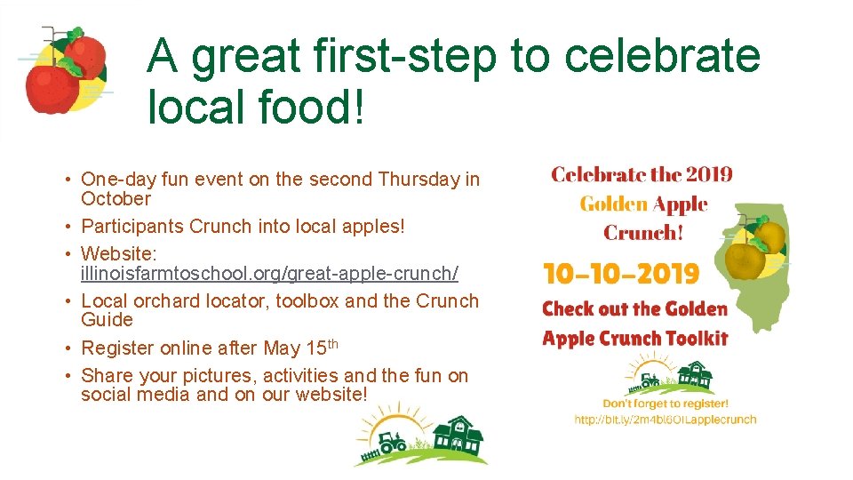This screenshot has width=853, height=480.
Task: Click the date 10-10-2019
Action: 621,274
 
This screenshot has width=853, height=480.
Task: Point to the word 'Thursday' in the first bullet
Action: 419,180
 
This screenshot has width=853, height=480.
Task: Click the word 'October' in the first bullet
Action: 116,199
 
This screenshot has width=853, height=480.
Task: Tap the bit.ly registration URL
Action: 665,420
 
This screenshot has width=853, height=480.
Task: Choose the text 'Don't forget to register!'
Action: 665,404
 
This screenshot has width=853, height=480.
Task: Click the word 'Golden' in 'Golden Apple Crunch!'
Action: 613,204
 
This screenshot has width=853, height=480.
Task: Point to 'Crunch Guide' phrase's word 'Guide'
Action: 107,320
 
